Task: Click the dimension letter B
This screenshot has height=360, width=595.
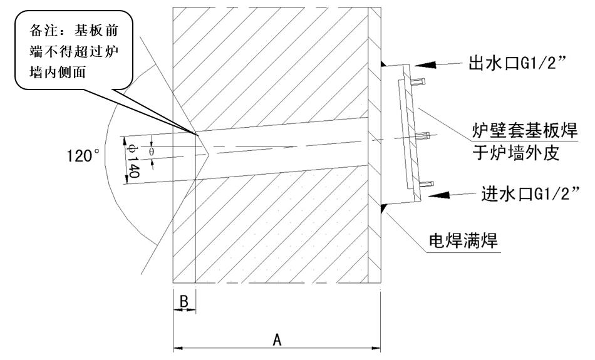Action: coord(184,302)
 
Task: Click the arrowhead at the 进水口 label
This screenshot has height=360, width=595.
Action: coord(432,195)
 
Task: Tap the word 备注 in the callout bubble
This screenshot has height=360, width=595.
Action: coord(39,31)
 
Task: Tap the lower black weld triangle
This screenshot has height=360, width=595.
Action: coord(383,207)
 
